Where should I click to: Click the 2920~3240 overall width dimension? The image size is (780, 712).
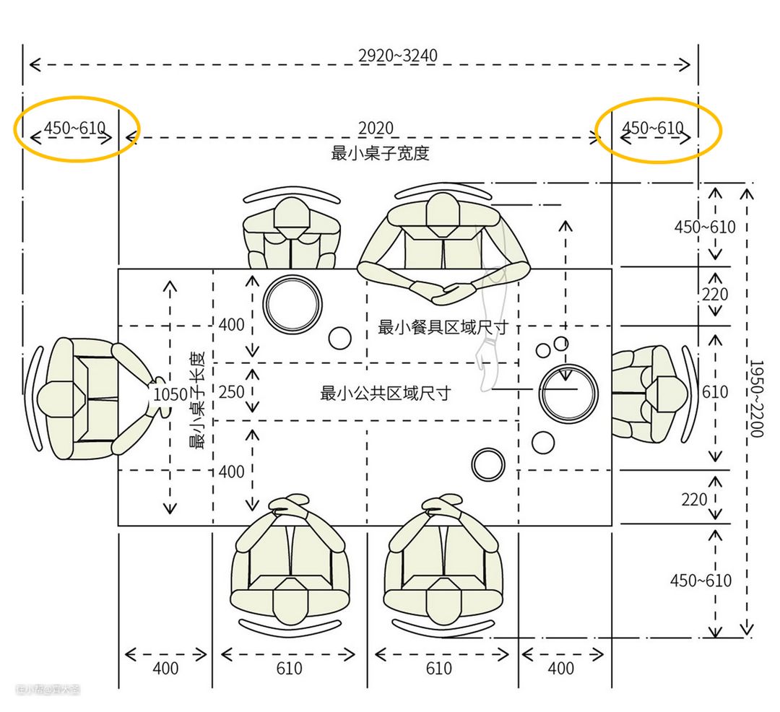click(397, 56)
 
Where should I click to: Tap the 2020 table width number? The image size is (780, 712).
click(376, 129)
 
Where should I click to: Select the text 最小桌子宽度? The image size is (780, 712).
click(380, 153)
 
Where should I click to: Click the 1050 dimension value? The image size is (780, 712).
click(170, 394)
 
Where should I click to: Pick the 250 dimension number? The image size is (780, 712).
click(231, 392)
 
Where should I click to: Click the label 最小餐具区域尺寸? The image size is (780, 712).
click(443, 327)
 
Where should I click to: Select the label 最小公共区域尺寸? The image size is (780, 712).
click(385, 394)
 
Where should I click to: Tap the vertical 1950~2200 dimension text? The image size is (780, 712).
click(756, 399)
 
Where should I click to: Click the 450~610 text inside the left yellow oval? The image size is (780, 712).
click(74, 129)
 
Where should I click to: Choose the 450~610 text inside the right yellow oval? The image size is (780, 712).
click(652, 129)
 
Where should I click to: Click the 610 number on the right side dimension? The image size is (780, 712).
click(715, 392)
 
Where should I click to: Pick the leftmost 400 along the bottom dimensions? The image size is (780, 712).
click(165, 669)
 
